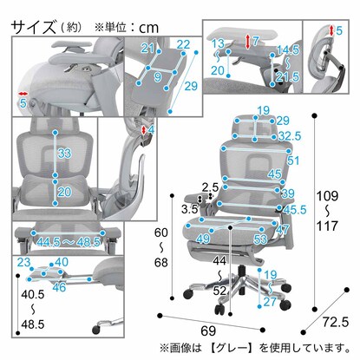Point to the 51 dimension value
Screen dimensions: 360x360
pyautogui.click(x=294, y=160)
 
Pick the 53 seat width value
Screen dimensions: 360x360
pyautogui.click(x=259, y=239)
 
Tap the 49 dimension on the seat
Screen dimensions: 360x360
pyautogui.click(x=203, y=239)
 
